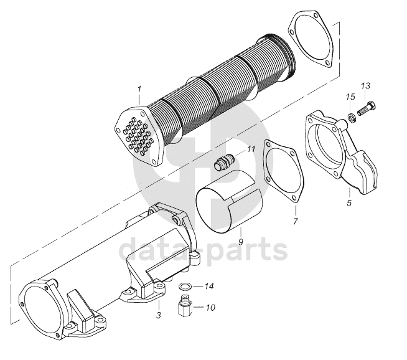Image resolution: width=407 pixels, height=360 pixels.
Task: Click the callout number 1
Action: point(140,89)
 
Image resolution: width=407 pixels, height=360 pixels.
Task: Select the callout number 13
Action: point(365,85)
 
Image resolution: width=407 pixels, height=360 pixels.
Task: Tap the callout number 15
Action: point(350,97)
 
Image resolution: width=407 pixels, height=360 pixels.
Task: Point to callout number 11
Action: point(251,149)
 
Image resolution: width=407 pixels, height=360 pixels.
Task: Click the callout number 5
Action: point(349,202)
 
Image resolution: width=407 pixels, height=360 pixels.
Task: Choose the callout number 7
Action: point(296,221)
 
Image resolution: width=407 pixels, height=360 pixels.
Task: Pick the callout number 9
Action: point(240,238)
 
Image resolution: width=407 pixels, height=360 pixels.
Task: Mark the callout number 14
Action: point(210,287)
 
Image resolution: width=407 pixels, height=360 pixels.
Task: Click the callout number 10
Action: point(210,307)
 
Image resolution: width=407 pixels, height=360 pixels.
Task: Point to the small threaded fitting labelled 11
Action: point(223,164)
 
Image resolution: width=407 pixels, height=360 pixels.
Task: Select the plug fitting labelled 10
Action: point(184,306)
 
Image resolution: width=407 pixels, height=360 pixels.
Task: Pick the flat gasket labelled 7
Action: point(284,172)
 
